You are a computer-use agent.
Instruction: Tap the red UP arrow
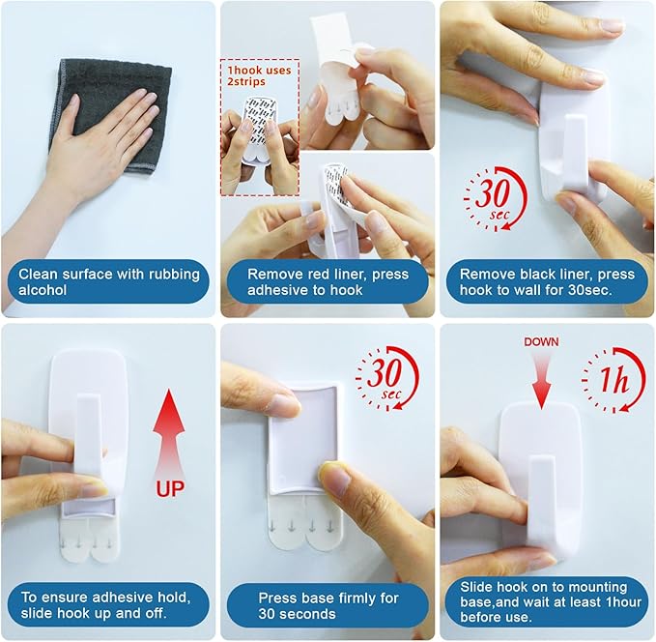point(169,435)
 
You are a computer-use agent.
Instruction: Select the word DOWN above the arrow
point(541,342)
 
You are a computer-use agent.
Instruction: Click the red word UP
point(170,488)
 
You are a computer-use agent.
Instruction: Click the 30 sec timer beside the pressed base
point(387,378)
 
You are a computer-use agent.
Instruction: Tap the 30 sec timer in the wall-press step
point(496,199)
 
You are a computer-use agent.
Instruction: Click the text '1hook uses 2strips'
point(259,75)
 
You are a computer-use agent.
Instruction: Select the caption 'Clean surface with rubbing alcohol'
point(108,281)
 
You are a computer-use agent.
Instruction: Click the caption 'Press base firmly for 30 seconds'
point(328,605)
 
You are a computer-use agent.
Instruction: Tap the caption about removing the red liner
point(328,281)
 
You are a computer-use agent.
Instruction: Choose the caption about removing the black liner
point(547,281)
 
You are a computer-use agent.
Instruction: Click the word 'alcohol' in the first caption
point(43,290)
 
